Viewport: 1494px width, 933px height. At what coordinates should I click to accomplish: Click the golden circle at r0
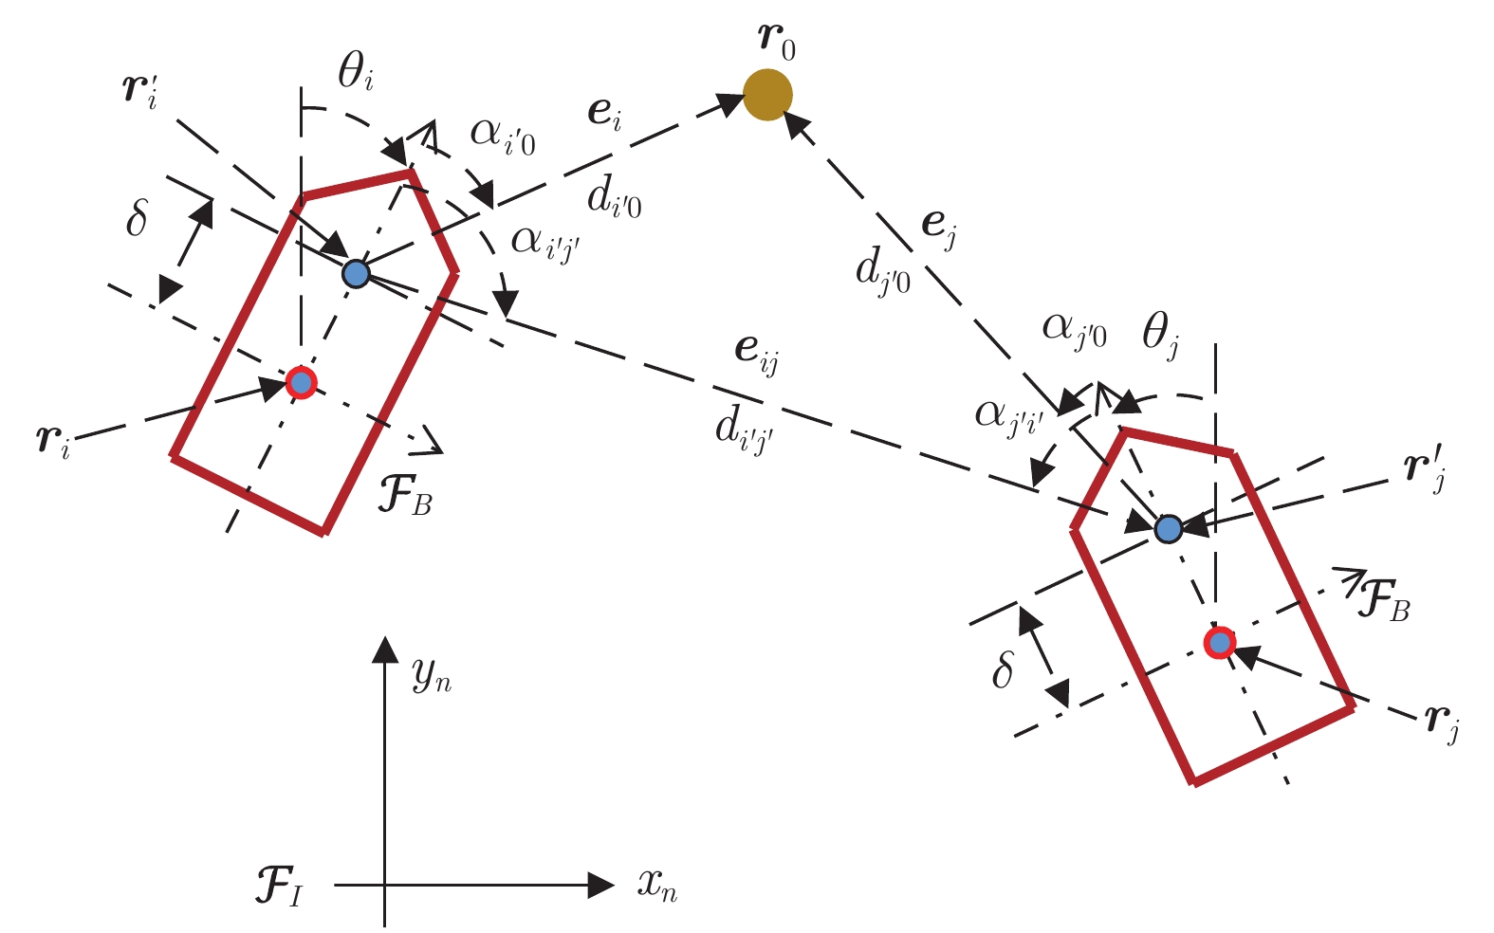click(767, 95)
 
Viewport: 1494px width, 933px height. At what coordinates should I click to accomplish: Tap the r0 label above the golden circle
click(778, 42)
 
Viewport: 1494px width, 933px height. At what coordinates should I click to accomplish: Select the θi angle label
click(356, 71)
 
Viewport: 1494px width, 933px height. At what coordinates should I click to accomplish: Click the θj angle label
click(1160, 335)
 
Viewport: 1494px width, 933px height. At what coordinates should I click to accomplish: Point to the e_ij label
click(756, 355)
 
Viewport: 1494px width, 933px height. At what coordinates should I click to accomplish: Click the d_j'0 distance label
click(882, 272)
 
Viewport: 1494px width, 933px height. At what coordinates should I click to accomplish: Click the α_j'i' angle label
click(1009, 419)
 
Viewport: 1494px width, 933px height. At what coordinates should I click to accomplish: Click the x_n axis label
click(657, 886)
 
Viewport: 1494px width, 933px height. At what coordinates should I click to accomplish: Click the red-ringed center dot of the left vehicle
click(301, 383)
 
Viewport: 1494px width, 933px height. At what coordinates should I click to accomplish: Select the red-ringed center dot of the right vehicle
click(1219, 643)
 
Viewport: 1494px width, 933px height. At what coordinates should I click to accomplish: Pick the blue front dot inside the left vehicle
click(356, 273)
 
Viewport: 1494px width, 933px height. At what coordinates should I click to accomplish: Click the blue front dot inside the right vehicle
click(1168, 529)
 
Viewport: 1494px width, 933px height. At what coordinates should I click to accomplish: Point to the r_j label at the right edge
click(1442, 723)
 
